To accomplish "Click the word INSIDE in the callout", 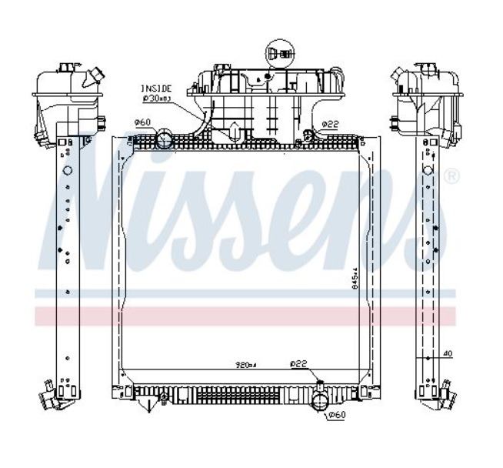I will click(155, 89).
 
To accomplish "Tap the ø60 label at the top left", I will click(142, 122).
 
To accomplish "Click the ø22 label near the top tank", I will click(330, 123).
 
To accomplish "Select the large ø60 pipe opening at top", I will click(165, 139).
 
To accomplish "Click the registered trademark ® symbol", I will click(452, 178).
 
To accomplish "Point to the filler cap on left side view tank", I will click(95, 76).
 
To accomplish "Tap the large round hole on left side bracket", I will click(67, 170).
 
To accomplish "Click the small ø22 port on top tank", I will click(308, 135).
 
